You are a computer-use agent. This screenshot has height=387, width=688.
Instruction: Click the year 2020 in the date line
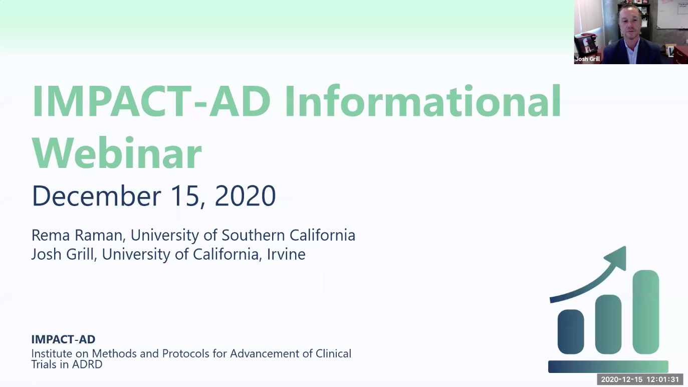(245, 196)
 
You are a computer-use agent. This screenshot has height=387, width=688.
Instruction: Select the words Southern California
(288, 235)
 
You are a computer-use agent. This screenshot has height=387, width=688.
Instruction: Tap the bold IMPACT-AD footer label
(63, 339)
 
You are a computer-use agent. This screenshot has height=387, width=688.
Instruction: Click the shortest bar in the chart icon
(571, 331)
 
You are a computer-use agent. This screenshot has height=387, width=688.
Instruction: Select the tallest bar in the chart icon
(645, 312)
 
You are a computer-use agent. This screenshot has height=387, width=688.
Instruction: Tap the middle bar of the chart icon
(608, 324)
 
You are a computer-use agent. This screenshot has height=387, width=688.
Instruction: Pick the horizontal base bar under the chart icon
(608, 366)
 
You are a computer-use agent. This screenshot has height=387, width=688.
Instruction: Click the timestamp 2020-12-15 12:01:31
(640, 379)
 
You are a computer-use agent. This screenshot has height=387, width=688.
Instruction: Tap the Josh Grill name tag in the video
(588, 59)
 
